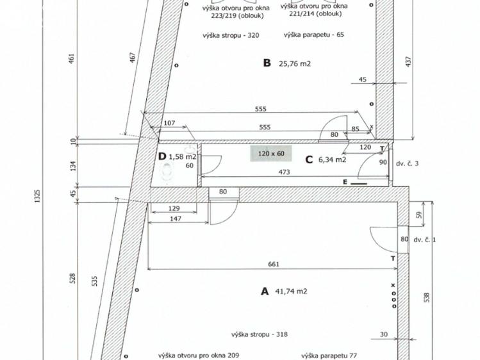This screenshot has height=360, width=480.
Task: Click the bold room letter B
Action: click(267, 63)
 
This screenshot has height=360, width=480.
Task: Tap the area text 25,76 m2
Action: click(295, 63)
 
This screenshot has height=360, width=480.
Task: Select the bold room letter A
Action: click(265, 291)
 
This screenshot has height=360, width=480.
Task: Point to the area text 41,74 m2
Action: click(291, 291)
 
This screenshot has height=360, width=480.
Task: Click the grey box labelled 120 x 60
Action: click(271, 154)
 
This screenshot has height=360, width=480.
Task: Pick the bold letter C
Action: click(309, 160)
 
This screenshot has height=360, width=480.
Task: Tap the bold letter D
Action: click(162, 157)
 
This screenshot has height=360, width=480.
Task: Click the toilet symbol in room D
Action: click(168, 174)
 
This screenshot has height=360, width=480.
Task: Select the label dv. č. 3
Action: click(407, 163)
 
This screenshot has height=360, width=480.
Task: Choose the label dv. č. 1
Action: click(425, 240)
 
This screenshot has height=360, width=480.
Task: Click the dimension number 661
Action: click(274, 264)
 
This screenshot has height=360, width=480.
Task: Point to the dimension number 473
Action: click(284, 172)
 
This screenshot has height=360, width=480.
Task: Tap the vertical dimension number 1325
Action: click(37, 196)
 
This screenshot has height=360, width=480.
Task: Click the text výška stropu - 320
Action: click(231, 35)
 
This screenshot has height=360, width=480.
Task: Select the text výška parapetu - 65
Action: click(314, 35)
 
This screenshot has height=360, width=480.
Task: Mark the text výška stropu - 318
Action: click(260, 334)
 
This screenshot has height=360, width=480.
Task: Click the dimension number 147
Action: click(175, 218)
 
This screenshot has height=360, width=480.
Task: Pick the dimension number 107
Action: click(170, 123)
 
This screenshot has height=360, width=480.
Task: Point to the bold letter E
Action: click(345, 183)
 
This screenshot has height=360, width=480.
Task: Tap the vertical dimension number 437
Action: click(409, 61)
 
